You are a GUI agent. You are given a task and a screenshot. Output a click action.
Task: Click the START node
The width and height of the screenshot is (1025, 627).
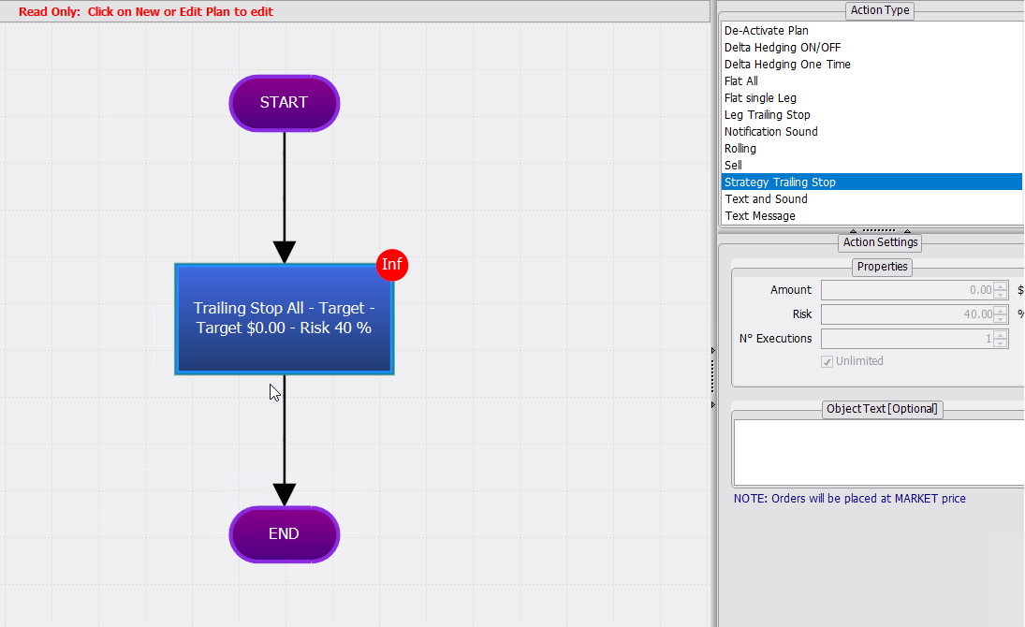[x=285, y=103]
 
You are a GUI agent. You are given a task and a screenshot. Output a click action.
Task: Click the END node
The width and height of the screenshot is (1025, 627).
[x=285, y=534]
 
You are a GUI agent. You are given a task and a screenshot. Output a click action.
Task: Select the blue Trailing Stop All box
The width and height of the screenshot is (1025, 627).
[x=285, y=319]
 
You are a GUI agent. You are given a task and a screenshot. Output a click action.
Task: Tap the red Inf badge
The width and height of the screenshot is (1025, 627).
[x=392, y=265]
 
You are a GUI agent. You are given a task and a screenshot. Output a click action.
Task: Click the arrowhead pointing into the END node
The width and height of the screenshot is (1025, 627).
[x=285, y=494]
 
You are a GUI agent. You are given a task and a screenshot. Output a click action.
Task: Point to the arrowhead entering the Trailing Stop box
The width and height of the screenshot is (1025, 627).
[x=285, y=253]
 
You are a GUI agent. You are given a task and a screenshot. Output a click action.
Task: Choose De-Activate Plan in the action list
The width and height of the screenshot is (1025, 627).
[x=766, y=31]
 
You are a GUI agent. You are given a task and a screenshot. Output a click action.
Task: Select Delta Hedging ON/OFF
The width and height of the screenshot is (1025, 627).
[x=783, y=48]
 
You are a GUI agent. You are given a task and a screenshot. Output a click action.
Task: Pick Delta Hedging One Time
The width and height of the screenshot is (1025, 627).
[x=787, y=64]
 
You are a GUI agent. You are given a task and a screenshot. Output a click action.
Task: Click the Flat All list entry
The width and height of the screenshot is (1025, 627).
[x=741, y=81]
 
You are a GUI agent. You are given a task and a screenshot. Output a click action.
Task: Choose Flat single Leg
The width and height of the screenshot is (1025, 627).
[x=760, y=98]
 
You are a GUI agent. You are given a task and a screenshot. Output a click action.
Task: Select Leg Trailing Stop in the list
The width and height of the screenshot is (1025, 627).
[x=768, y=115]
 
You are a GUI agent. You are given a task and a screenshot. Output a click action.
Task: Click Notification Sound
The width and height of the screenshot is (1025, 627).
[x=770, y=131]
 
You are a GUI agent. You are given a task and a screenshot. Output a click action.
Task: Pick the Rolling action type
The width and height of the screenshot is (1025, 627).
[x=740, y=149]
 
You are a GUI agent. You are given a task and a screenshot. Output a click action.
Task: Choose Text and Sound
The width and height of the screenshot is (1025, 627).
[x=766, y=198]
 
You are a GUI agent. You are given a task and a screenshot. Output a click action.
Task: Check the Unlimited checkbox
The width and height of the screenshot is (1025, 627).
[x=827, y=361]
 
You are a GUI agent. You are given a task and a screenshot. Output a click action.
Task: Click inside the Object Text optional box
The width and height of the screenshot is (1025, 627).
[x=879, y=452]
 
